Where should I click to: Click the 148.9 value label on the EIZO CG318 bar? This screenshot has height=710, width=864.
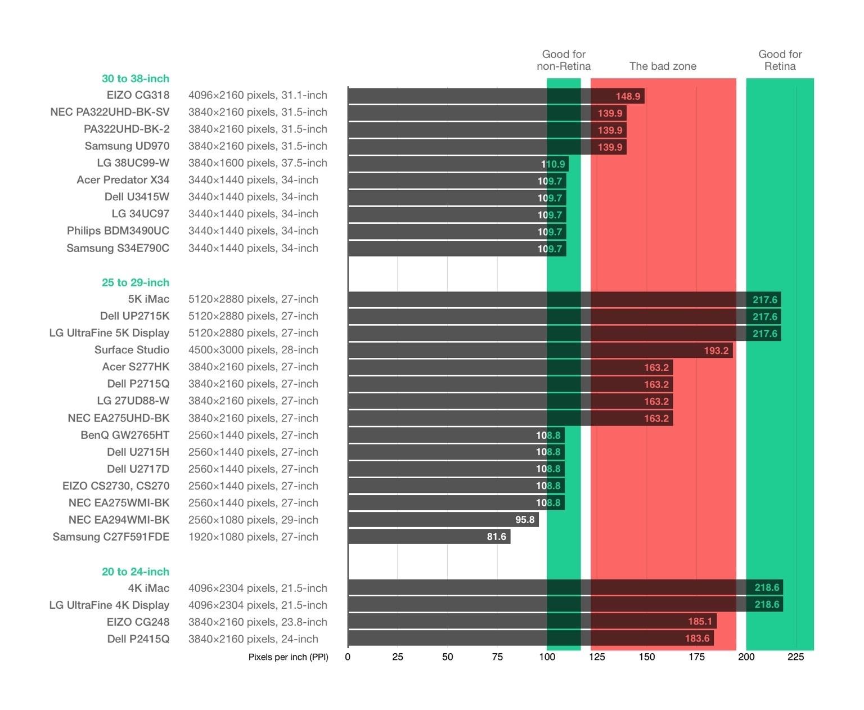[x=628, y=96]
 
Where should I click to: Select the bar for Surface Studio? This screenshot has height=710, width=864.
[x=540, y=350]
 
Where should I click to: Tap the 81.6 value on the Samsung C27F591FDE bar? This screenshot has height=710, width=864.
[x=496, y=537]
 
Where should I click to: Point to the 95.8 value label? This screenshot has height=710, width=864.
[x=524, y=520]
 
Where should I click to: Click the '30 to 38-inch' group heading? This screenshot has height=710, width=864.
[x=135, y=79]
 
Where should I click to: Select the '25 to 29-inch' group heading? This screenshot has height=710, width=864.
[x=135, y=282]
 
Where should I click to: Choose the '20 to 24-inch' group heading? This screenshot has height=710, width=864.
[x=135, y=572]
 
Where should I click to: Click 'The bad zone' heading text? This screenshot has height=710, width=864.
[x=663, y=66]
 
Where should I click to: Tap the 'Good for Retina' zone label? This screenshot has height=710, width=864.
[x=780, y=60]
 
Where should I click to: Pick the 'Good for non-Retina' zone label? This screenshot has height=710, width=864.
[x=564, y=60]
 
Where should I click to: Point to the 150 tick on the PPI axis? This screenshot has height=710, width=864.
[x=646, y=657]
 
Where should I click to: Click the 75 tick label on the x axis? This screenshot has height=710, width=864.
[x=497, y=657]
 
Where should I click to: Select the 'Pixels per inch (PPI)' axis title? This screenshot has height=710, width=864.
[x=288, y=657]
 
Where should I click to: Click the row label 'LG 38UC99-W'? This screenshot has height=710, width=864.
[x=133, y=163]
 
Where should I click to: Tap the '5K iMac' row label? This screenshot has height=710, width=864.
[x=148, y=299]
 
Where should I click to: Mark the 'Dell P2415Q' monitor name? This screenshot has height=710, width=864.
[x=138, y=639]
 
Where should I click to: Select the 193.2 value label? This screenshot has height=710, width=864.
[x=715, y=350]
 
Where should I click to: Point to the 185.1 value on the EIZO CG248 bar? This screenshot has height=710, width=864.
[x=700, y=622]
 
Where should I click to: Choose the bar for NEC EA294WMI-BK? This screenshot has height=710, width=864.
[x=443, y=520]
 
